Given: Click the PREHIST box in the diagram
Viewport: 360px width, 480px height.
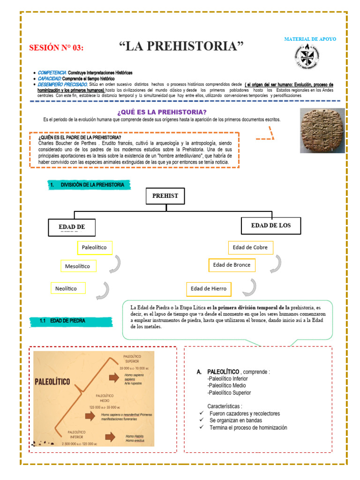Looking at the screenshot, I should pos(165,196).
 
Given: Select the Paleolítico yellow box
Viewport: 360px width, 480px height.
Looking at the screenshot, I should pos(94,247).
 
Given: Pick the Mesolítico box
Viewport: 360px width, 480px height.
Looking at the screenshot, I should pos(78,266).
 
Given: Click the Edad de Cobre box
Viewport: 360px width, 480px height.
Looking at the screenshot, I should pos(250,247).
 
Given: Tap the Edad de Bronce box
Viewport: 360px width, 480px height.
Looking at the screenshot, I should pos(232,265).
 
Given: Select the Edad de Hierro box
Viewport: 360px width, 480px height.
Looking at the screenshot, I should pos(209,289).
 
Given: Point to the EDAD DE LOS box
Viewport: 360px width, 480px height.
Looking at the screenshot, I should pos(270,225).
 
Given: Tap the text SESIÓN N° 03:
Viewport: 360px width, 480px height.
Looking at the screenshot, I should pos(56,48).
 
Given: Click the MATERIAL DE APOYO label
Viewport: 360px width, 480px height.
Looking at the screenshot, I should pos(310,39).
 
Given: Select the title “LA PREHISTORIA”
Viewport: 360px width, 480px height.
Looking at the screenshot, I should pos(182,46).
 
